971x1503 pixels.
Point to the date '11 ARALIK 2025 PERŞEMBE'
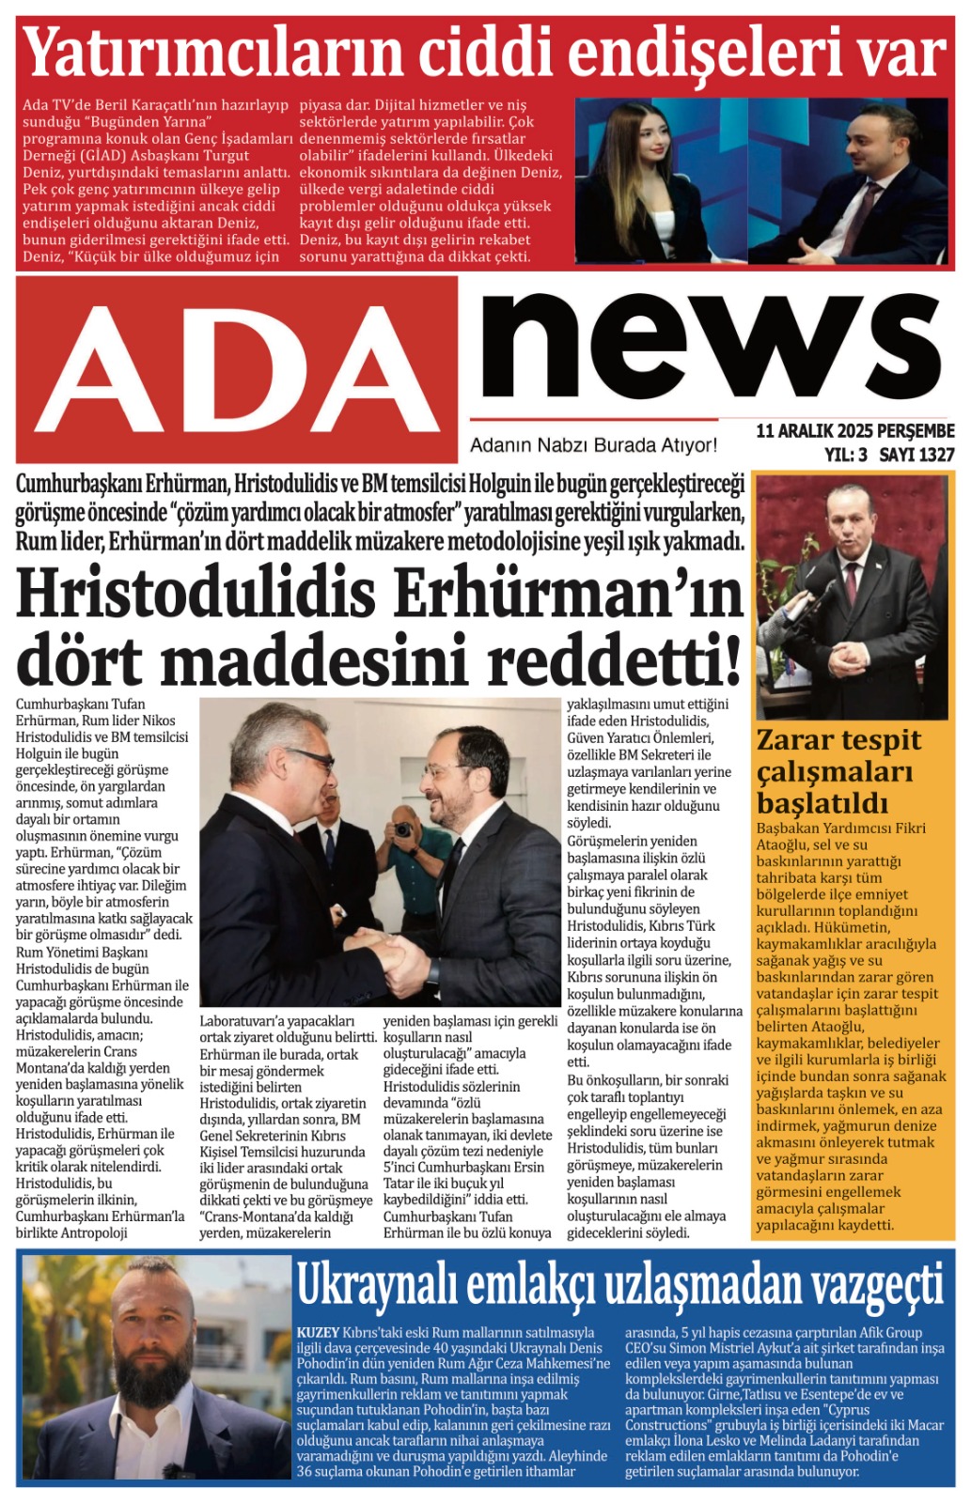point(854,431)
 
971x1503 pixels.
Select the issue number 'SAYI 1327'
point(916,455)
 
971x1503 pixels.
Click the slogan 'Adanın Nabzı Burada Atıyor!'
point(593,444)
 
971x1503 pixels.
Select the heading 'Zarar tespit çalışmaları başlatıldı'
point(838,771)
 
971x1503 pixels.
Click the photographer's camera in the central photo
point(403,830)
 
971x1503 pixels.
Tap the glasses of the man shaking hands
point(314,758)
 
